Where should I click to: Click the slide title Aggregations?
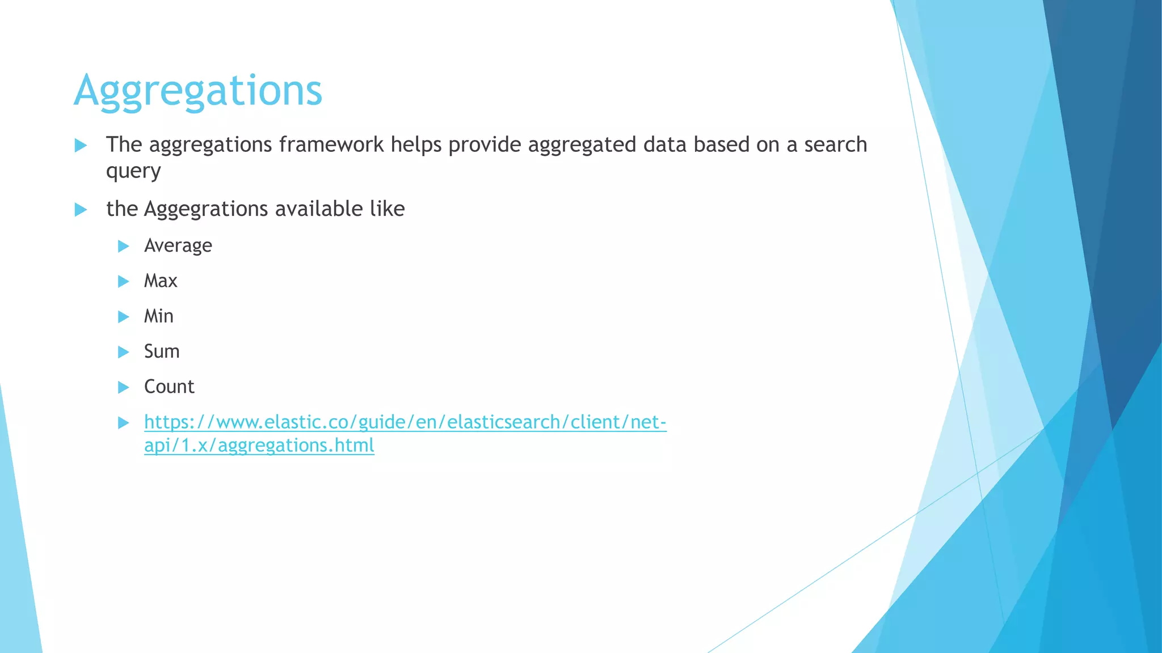click(x=198, y=91)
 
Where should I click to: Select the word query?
click(x=133, y=171)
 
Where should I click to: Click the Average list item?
click(x=178, y=246)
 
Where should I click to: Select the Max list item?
click(x=161, y=281)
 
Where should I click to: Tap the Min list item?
click(x=158, y=316)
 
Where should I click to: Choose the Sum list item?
click(x=162, y=351)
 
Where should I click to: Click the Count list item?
click(x=169, y=387)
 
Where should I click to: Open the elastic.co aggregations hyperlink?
click(x=405, y=422)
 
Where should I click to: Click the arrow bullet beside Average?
click(x=123, y=246)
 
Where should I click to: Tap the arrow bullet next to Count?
click(x=123, y=387)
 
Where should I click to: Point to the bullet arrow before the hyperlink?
click(x=123, y=423)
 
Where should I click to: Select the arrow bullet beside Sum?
click(x=123, y=352)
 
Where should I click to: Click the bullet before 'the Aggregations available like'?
click(x=81, y=210)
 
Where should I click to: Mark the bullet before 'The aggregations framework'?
click(x=81, y=146)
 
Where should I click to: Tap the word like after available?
click(x=387, y=209)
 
